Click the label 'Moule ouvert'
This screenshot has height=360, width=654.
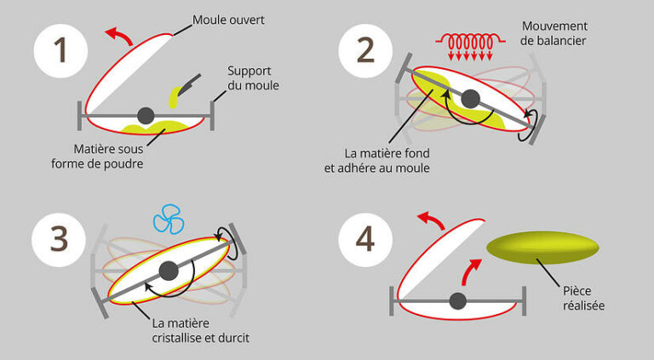(x=227, y=19)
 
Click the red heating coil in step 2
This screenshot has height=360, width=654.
(x=467, y=43)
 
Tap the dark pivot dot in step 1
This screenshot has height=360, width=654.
(x=146, y=114)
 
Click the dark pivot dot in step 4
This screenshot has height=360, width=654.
(x=458, y=300)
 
